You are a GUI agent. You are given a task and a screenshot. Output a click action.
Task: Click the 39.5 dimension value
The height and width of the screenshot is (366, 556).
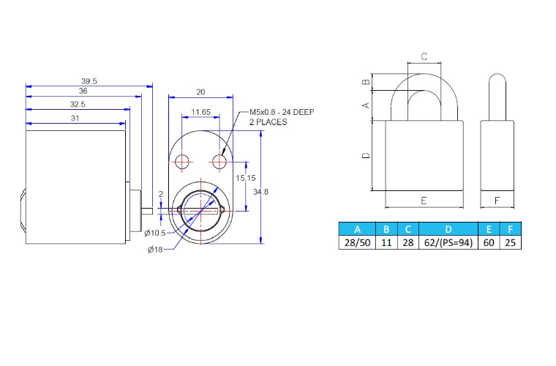pos(89,81)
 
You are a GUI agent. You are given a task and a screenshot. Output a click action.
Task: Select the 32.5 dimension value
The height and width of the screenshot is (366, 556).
pos(78,105)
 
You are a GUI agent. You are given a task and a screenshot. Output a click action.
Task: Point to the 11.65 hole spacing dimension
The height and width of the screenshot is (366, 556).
pos(200,112)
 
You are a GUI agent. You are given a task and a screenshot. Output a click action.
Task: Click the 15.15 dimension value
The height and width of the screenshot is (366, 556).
pos(246,178)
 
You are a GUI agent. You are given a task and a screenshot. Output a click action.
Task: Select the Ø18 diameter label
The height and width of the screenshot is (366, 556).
pos(154,250)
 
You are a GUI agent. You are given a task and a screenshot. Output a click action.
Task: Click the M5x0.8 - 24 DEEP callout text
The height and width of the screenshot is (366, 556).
pos(282,111)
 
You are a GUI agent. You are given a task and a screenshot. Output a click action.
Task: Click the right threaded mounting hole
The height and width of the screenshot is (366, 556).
pos(219,160)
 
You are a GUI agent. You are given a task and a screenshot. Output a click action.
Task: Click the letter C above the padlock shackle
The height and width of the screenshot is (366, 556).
pos(424,56)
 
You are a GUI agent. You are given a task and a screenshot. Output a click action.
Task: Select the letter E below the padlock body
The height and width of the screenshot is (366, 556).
pos(424,200)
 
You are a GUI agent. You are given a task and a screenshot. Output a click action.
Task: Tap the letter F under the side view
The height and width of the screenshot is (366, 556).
pos(497,200)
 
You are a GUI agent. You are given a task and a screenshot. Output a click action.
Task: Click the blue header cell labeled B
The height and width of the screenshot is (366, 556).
pos(386,228)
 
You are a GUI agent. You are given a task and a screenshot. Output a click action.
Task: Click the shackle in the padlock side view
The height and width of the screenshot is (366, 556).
pos(497,95)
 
